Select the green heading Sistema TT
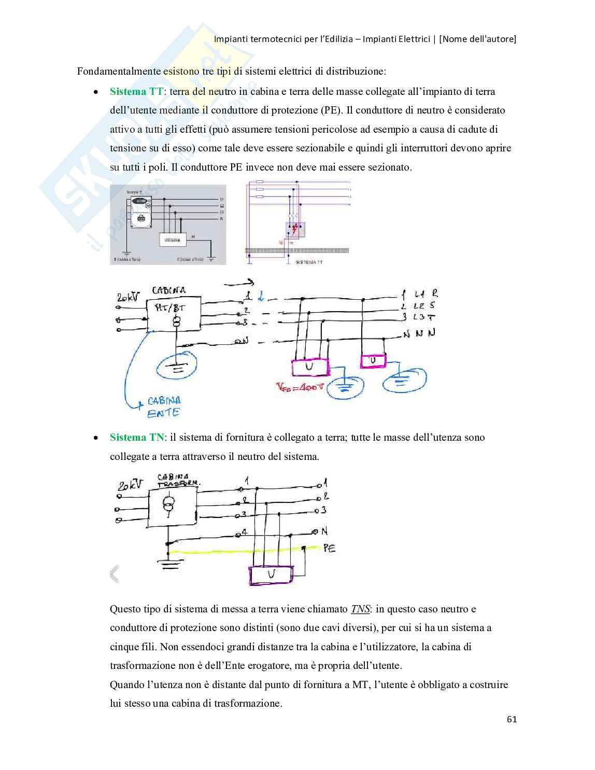(136, 92)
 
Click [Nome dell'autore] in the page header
(477, 39)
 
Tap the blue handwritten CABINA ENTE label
(163, 407)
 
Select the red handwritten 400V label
(300, 387)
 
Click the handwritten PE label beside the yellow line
(329, 548)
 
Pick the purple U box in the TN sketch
(271, 575)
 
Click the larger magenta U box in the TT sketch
(310, 367)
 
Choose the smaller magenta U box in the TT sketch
(373, 360)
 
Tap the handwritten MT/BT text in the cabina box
(170, 307)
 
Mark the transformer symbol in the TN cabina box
(168, 503)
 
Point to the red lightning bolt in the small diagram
(295, 229)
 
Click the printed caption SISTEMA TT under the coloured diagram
(309, 262)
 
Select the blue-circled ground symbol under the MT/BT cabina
(177, 367)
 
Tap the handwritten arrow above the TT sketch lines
(239, 283)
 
